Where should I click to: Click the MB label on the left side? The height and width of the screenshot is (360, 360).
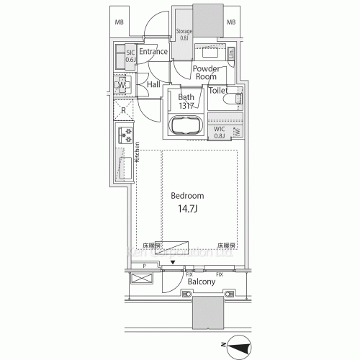coord(120,22)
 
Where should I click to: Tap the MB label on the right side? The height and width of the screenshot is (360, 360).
coord(231,22)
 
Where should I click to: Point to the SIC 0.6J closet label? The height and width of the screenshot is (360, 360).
coord(130,55)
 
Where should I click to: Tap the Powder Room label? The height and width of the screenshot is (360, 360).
coord(206,72)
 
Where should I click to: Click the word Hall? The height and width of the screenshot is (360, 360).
coord(153,85)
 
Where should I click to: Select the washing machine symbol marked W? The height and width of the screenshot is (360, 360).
coord(122,86)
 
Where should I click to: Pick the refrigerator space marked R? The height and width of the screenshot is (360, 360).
coord(123,111)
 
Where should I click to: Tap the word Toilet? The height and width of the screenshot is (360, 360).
coord(218,91)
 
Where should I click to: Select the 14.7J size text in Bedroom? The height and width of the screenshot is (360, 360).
coord(186,209)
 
